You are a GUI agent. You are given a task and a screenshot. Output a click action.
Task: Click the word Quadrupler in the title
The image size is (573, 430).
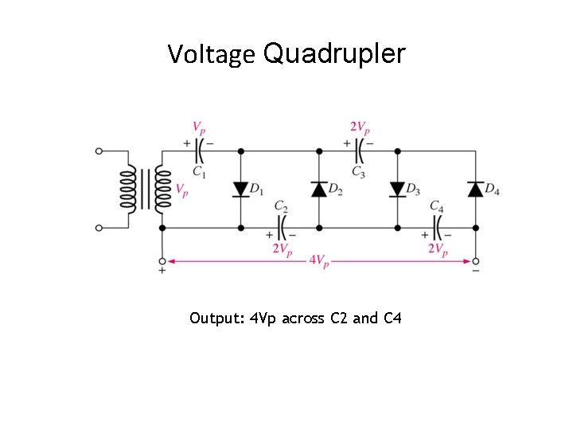pos(333,54)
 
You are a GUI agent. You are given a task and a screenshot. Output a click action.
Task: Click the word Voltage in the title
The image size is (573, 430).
pos(211,55)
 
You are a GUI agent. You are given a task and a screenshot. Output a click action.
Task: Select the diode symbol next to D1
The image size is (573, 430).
pos(240,189)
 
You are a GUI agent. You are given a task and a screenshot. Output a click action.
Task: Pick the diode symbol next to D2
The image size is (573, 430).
pos(319,189)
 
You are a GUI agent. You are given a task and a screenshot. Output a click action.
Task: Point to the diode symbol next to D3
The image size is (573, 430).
pos(397,189)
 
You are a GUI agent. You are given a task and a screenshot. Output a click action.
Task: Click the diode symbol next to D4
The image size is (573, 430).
pos(475,189)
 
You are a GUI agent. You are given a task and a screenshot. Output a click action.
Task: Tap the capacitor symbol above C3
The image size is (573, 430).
pos(358,150)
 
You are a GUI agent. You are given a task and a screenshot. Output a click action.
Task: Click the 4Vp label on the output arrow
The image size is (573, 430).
pos(318,260)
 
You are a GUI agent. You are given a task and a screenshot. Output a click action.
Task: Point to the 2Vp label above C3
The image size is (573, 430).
pos(360,127)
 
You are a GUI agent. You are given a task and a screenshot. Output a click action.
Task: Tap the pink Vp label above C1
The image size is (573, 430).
pos(199,127)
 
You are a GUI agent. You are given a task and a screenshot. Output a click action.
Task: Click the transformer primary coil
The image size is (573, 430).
pos(128,190)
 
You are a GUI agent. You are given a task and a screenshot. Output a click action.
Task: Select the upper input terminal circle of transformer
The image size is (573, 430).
pos(99,150)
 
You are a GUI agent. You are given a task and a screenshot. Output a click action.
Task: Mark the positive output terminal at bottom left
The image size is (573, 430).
pos(162,260)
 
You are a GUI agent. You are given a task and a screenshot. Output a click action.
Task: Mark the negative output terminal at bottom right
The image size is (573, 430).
pos(475,260)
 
